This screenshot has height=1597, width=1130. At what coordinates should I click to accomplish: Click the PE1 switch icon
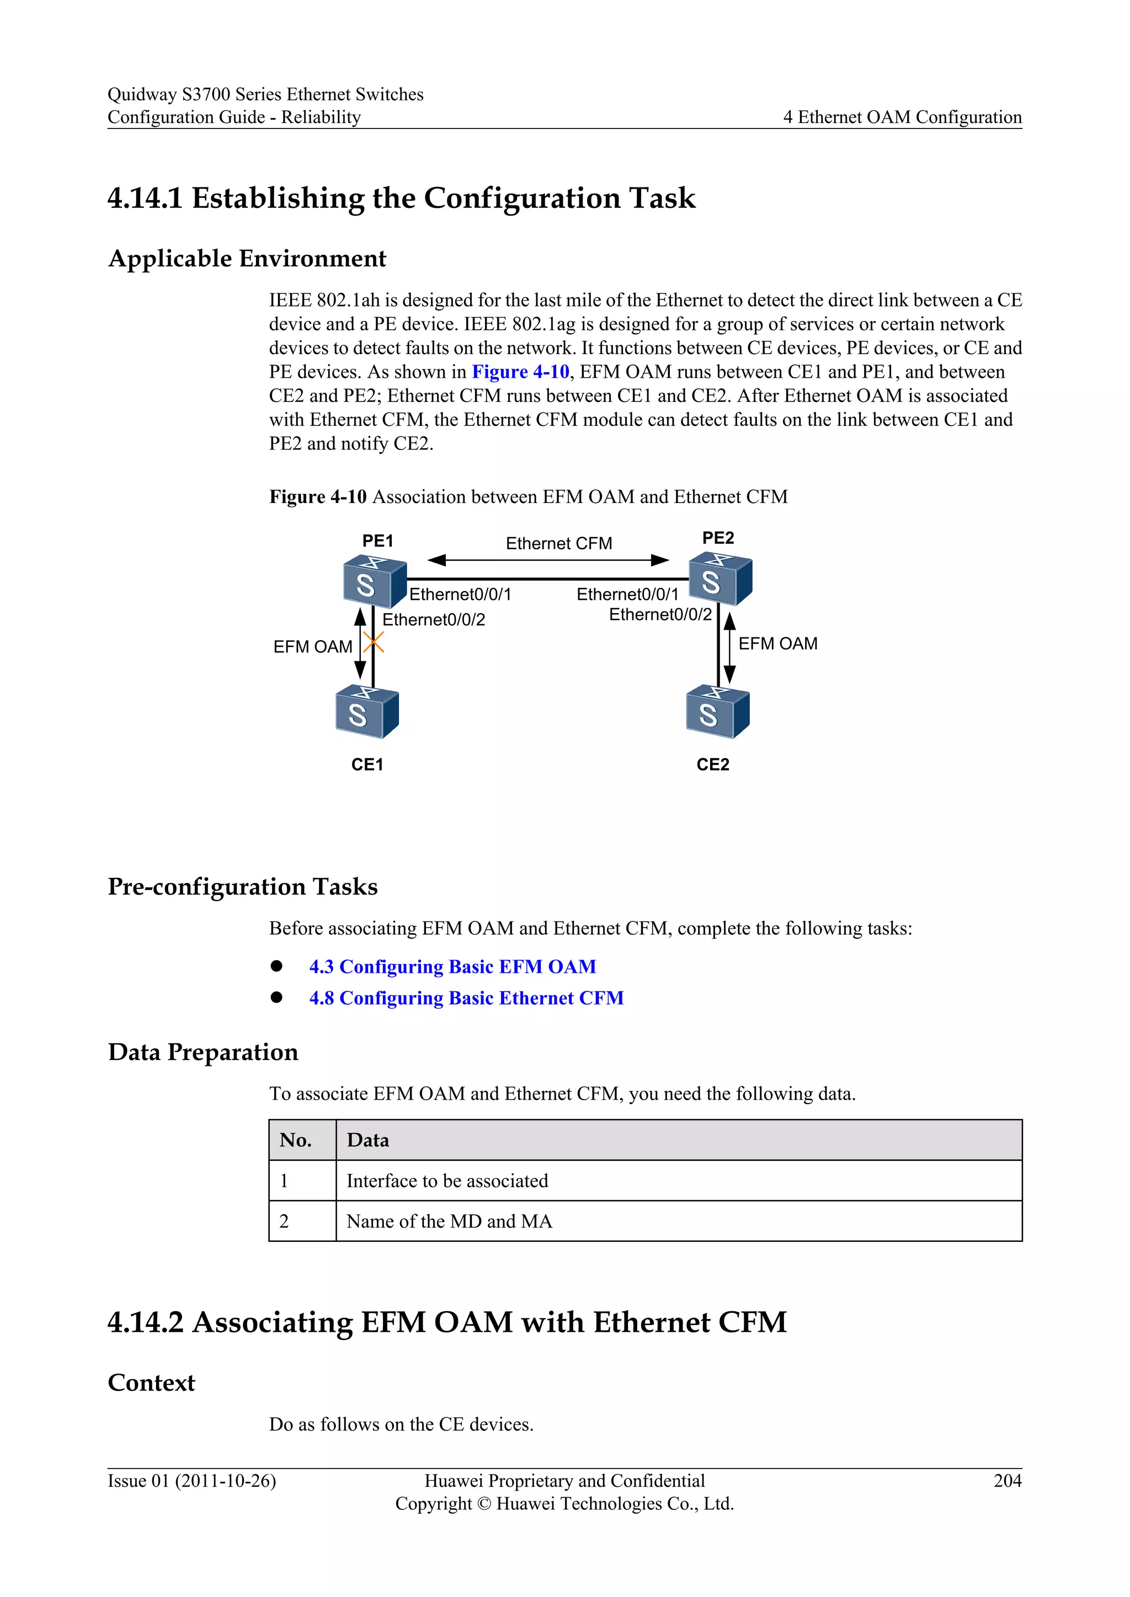tap(374, 581)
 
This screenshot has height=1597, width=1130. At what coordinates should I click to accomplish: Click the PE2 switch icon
tap(719, 578)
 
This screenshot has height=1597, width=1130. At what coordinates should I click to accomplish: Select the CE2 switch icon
tap(717, 711)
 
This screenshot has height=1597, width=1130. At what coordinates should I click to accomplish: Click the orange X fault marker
tap(374, 642)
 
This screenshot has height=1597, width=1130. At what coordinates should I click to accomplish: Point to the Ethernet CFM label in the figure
tap(559, 543)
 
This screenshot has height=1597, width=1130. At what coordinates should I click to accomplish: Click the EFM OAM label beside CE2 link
tap(777, 644)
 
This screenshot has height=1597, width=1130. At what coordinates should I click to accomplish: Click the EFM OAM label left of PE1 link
tap(312, 647)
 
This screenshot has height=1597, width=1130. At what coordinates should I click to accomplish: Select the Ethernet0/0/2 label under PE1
tap(434, 620)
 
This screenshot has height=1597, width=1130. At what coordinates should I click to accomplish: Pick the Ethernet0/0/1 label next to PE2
tap(627, 594)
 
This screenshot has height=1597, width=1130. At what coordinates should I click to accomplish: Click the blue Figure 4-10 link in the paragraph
tap(520, 372)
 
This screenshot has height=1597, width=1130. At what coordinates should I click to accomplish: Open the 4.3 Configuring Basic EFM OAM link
tap(452, 967)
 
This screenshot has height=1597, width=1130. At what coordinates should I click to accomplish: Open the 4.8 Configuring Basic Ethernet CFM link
tap(466, 998)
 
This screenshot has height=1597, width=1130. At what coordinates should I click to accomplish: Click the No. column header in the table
tap(296, 1140)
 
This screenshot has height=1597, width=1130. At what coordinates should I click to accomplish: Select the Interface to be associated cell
tap(447, 1181)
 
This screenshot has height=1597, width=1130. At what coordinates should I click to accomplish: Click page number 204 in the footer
tap(1007, 1481)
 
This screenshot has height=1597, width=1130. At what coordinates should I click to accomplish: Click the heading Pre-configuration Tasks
tap(243, 887)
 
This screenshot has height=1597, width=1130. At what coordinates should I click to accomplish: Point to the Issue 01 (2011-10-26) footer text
tap(192, 1481)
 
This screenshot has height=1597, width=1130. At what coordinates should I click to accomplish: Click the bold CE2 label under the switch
tap(712, 764)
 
